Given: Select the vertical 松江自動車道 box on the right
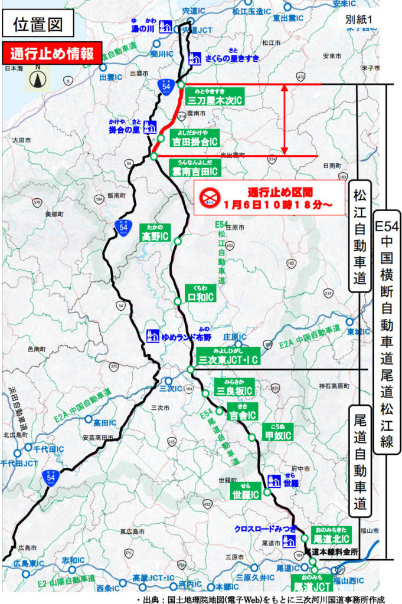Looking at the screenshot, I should click(359, 237).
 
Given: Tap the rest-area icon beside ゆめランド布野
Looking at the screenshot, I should click(152, 336).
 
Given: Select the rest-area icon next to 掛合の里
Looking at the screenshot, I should click(150, 127).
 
